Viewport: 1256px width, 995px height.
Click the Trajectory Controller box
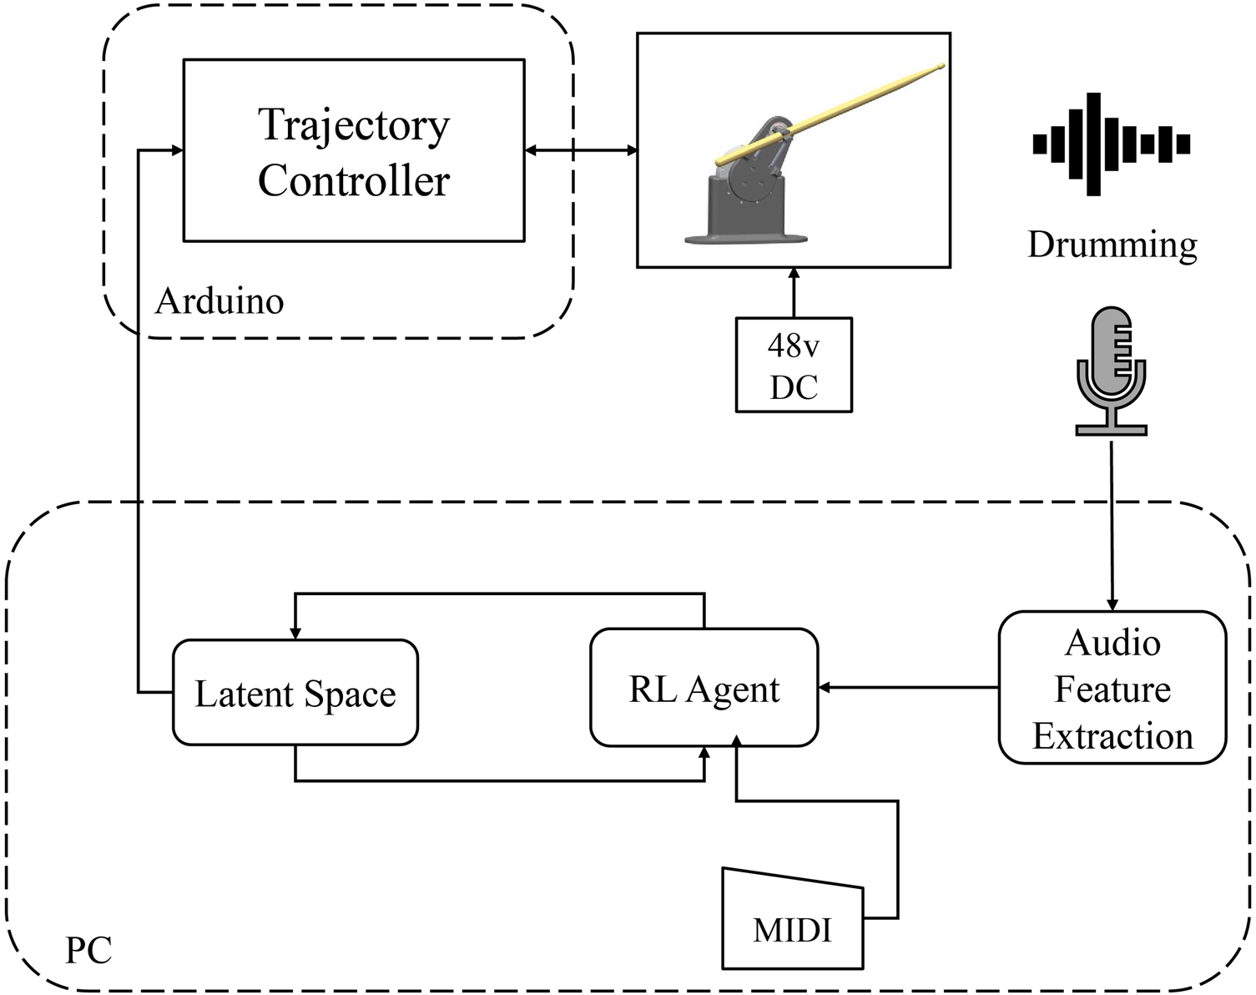354,150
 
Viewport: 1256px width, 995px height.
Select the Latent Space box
295,692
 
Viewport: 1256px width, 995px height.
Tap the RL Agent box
704,689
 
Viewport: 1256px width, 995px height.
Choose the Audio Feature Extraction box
1112,688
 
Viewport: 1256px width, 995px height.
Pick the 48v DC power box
793,365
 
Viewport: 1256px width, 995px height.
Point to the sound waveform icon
1111,144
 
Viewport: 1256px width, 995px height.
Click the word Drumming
1112,245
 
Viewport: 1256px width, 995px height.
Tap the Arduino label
219,301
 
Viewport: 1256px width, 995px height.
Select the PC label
88,949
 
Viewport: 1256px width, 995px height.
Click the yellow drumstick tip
940,66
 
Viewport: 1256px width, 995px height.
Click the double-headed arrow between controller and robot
581,150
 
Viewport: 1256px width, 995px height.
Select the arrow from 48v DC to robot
794,292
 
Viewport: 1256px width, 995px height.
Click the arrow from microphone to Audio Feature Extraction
1111,526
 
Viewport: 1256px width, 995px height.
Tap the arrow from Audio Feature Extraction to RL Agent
908,688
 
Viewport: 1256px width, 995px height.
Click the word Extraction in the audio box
1112,735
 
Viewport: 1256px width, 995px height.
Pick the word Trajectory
354,125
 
